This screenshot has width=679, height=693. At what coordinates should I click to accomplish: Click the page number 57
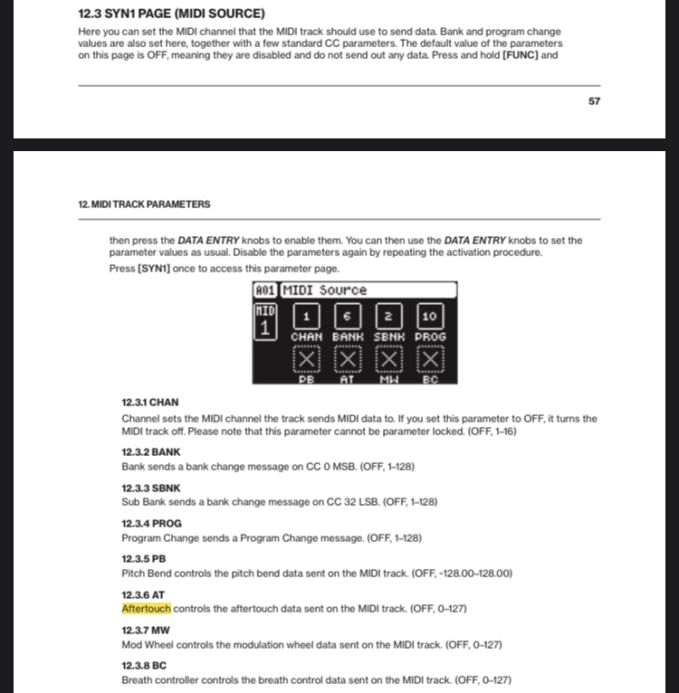pos(594,101)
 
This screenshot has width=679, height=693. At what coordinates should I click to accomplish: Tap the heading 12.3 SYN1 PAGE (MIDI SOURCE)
pos(172,14)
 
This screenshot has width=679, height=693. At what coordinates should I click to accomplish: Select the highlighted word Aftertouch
pos(146,609)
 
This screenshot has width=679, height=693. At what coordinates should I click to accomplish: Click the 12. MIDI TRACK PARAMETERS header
pos(144,204)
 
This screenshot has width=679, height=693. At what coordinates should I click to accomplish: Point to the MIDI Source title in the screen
pos(324,290)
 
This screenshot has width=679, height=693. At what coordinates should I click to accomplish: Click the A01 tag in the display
pos(265,290)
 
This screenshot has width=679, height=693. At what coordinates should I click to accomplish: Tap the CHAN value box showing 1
pos(306,316)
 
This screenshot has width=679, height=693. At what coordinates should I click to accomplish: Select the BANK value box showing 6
pos(347,316)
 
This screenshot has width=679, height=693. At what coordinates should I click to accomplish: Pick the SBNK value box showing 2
pos(387,316)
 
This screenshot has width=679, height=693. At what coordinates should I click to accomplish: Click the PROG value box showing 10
pos(429,316)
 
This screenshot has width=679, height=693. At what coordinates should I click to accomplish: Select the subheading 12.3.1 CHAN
pos(150,402)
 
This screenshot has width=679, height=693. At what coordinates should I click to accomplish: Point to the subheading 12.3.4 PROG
pos(151,523)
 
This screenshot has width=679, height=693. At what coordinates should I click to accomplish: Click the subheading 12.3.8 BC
pos(144,665)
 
